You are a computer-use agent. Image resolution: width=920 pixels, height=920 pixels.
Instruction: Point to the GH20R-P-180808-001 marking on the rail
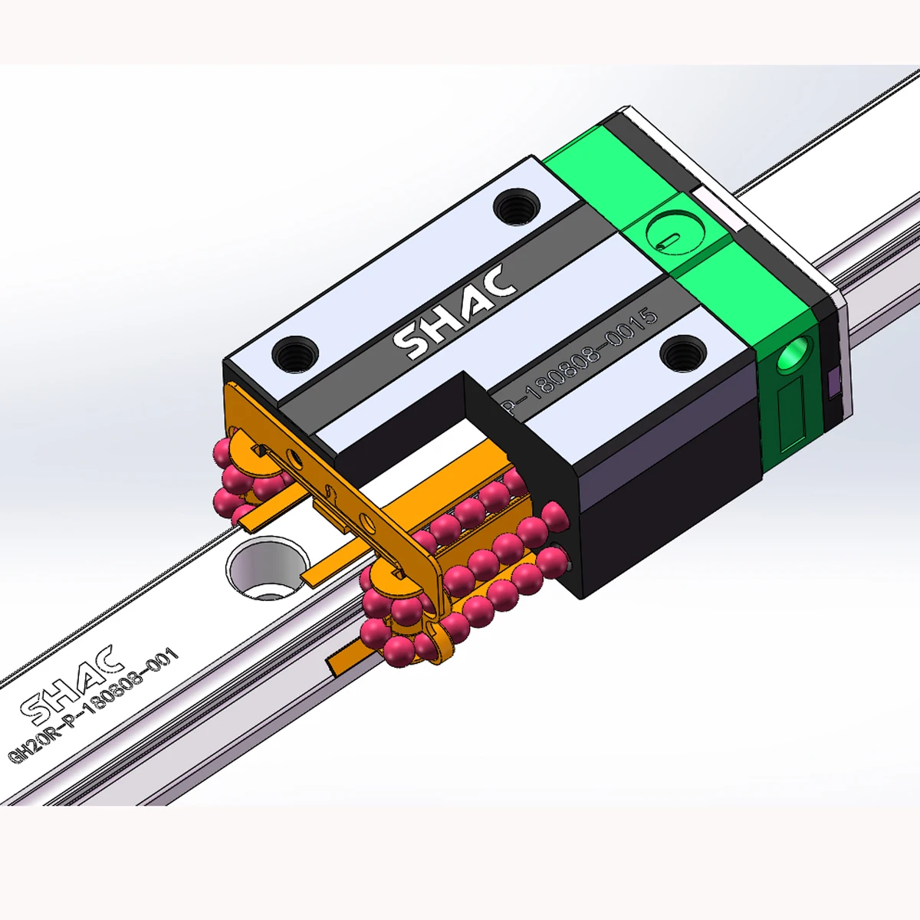[x=93, y=705]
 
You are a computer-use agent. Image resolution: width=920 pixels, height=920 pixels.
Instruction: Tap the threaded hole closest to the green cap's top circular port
[x=515, y=206]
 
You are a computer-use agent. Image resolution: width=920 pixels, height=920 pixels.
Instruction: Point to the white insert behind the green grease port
[x=717, y=207]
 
